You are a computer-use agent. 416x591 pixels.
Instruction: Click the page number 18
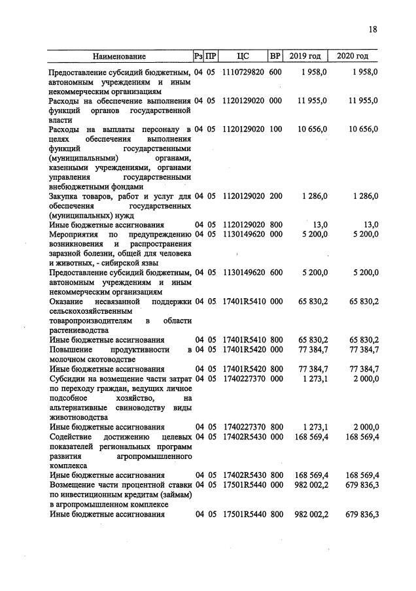(x=373, y=29)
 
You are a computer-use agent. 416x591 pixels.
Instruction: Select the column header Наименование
(x=119, y=56)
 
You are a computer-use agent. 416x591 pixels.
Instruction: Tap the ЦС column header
(x=243, y=56)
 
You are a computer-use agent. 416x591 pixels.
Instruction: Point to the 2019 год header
(x=305, y=56)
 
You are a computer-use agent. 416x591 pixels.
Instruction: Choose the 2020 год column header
(x=353, y=56)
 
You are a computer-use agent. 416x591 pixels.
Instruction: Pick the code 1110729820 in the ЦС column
(x=243, y=72)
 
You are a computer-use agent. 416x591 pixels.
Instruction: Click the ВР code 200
(x=275, y=196)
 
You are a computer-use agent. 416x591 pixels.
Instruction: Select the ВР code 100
(x=275, y=129)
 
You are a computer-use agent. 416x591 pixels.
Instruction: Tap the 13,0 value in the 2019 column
(x=320, y=225)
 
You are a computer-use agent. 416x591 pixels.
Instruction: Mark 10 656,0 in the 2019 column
(x=312, y=129)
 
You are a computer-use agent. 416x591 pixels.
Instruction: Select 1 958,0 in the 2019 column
(x=314, y=72)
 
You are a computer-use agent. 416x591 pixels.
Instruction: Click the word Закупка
(x=65, y=196)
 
